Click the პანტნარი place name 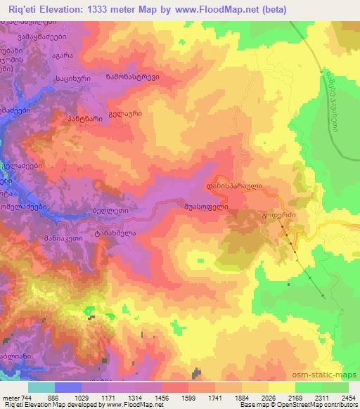(71, 119)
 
